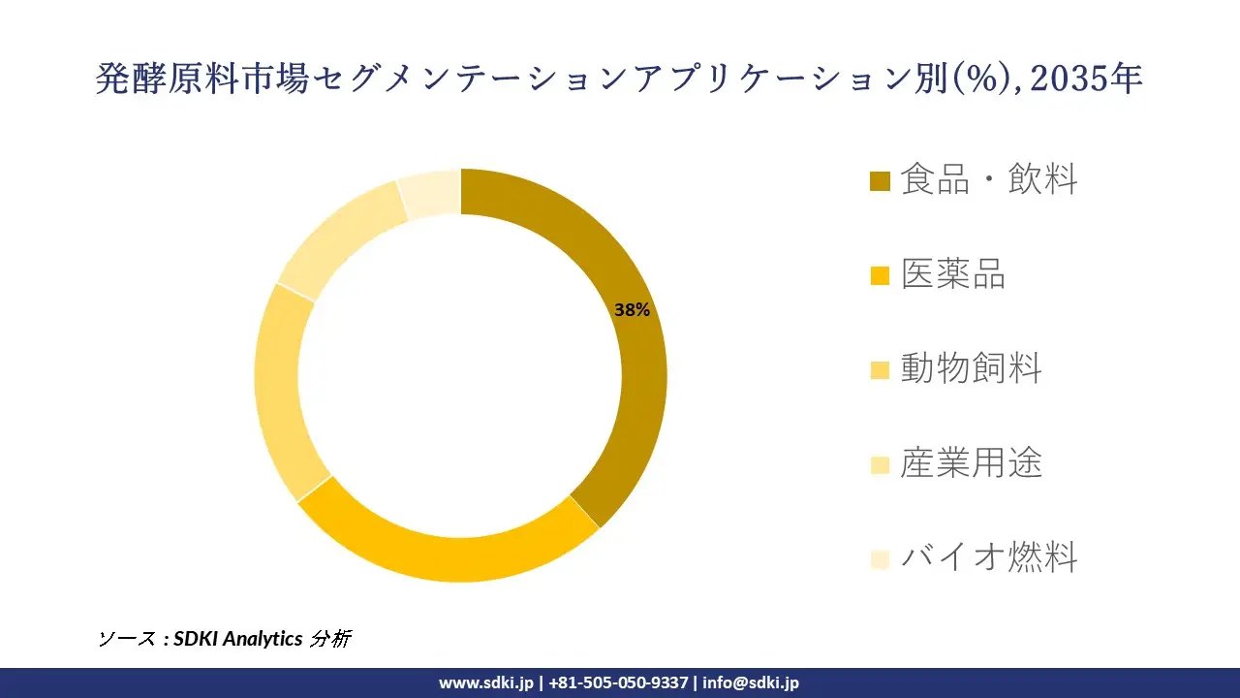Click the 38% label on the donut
coord(632,310)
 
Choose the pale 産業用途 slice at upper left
coord(339,237)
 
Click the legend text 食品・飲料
coord(988,179)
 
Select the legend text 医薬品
coord(953,274)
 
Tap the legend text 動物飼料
coord(971,368)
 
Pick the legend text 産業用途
coord(971,463)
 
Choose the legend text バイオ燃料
coord(988,557)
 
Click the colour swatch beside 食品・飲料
coord(880,181)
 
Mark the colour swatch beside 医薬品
coord(880,276)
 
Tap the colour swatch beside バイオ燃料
coord(880,559)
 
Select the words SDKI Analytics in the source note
coord(237,639)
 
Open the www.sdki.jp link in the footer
coord(485,682)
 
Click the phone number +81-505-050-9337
coord(617,682)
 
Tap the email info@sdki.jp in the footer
coord(751,682)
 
